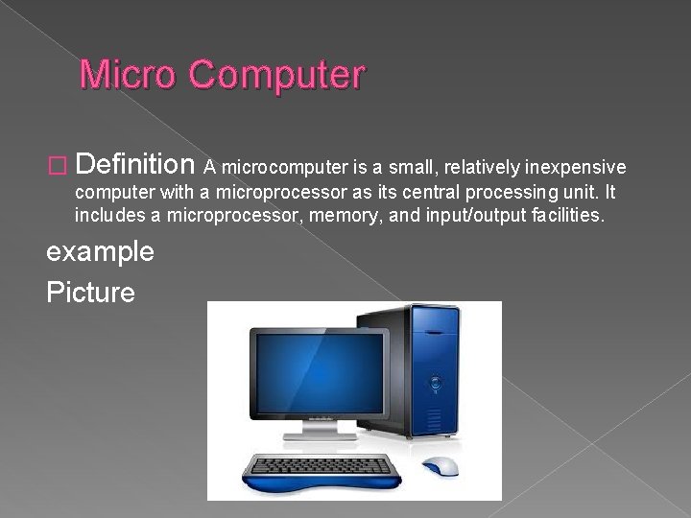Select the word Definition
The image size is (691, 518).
pos(135,166)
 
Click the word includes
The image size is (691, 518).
pos(107,217)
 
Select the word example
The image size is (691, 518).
pos(100,252)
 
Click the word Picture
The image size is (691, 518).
pos(90,292)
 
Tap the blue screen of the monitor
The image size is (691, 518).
pos(317,369)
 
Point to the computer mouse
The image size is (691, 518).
pos(441,466)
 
